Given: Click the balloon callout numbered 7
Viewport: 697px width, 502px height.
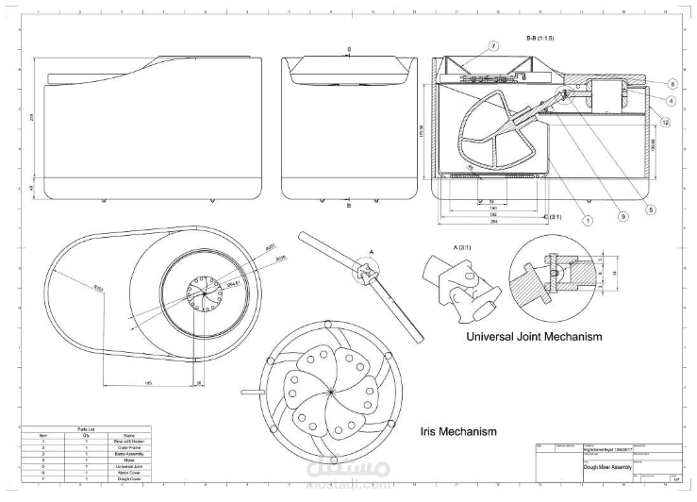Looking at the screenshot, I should (492, 45).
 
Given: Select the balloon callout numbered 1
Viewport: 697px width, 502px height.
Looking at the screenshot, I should (587, 221).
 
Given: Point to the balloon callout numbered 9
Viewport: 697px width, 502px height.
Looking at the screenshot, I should (622, 216).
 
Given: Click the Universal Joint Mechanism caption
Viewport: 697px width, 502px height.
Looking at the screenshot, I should (535, 336).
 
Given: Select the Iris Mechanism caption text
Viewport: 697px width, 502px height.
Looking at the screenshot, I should (457, 432).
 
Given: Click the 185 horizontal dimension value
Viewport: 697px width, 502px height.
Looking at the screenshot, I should (149, 382).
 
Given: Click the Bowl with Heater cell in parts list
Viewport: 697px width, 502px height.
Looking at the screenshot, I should (129, 441).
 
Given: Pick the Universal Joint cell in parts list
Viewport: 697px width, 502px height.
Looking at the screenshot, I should (129, 465).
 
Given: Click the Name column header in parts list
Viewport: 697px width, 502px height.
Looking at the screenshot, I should (129, 435).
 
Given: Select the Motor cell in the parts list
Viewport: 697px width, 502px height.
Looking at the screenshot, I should (129, 460).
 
